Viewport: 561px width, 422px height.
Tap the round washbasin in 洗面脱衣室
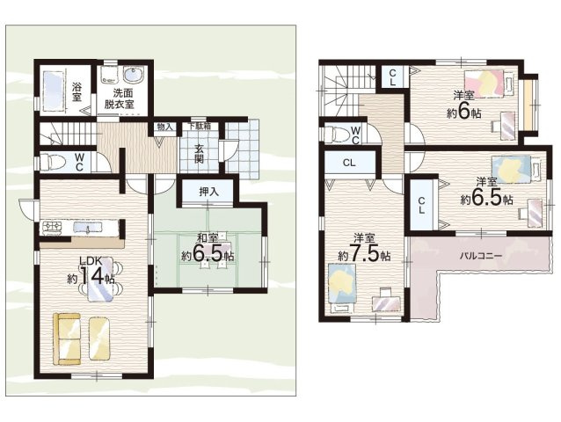(133, 76)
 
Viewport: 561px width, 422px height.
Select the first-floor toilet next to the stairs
(52, 162)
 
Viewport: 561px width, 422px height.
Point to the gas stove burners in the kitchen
(52, 228)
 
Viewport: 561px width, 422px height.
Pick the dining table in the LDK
(100, 279)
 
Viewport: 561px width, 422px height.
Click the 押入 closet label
(208, 192)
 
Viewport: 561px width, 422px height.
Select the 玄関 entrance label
(199, 154)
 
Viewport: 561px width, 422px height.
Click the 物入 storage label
(165, 127)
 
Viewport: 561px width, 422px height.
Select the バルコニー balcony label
(480, 256)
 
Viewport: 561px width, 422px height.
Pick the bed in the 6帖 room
(488, 84)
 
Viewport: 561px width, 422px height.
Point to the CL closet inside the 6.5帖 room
(421, 205)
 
